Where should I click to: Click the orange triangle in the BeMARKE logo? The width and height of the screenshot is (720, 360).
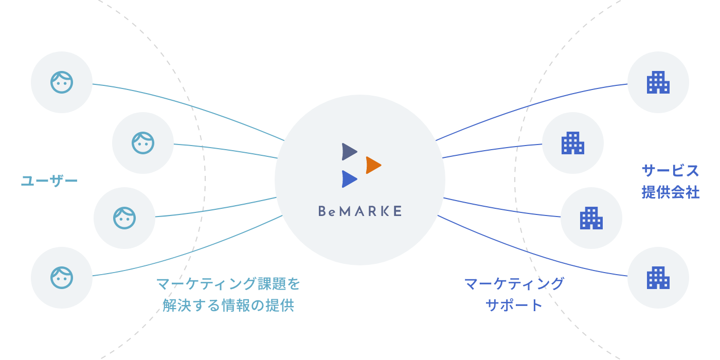(x=373, y=165)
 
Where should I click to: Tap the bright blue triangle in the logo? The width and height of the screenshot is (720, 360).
(x=349, y=179)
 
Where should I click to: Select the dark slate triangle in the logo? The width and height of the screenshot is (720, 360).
(x=349, y=152)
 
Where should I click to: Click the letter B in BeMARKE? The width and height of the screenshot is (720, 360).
(x=322, y=211)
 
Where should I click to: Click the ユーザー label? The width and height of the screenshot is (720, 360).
(x=49, y=181)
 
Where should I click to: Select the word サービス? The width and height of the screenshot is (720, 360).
(x=671, y=170)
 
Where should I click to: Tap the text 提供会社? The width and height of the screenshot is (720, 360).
(x=671, y=192)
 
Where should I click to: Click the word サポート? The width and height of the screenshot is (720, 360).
(x=514, y=305)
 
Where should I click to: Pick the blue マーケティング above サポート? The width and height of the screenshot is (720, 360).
(x=514, y=283)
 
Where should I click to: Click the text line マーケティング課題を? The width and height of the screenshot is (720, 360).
(x=228, y=283)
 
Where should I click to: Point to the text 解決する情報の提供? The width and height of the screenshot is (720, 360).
(x=228, y=305)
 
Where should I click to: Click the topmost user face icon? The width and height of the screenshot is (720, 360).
(x=62, y=82)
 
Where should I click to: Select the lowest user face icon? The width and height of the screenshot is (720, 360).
(x=62, y=278)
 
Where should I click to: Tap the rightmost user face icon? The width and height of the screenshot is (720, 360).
(x=143, y=143)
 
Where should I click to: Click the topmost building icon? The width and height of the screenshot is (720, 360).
(x=658, y=82)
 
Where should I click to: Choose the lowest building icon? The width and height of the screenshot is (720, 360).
(x=658, y=278)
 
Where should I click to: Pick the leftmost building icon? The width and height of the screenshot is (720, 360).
(x=573, y=143)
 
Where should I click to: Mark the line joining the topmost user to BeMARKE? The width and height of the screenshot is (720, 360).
(x=190, y=105)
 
